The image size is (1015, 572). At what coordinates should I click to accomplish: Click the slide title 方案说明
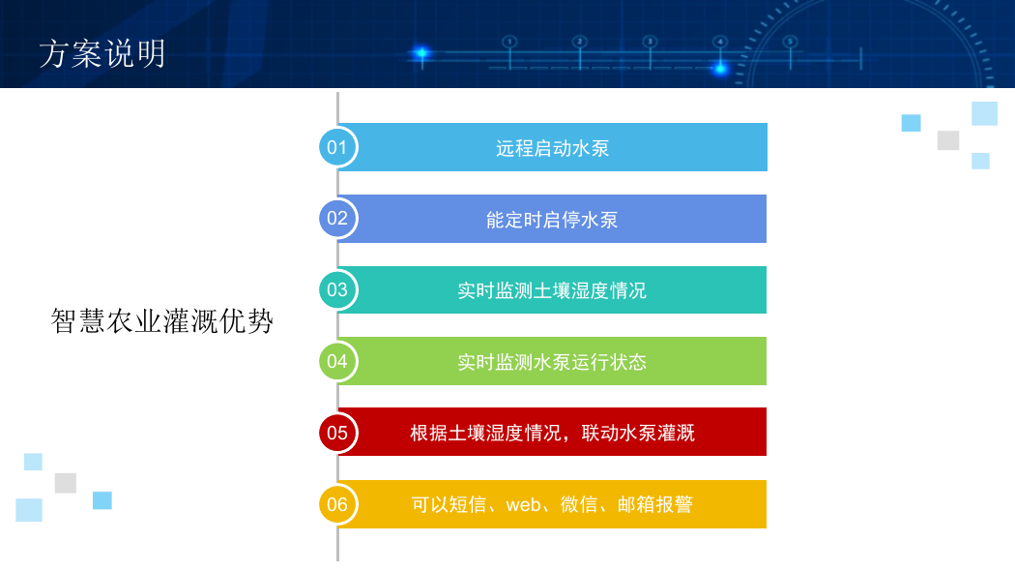102,53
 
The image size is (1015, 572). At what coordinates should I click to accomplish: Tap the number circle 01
337,147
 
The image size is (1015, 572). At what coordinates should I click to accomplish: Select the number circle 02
337,219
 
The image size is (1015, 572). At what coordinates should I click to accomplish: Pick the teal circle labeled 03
337,289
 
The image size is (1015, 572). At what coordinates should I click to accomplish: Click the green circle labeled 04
337,361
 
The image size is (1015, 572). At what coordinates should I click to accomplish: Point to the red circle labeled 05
337,432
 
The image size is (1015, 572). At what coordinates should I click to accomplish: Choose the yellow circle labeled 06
337,504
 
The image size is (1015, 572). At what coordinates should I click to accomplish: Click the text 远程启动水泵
552,148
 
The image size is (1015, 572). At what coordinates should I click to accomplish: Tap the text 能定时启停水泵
552,220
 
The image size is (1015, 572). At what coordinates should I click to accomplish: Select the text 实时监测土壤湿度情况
552,291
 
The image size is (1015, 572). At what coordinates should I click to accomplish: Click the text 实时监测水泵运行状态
552,362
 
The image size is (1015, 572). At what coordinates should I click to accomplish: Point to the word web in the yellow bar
523,504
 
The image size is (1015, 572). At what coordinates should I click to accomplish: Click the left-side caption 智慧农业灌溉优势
161,321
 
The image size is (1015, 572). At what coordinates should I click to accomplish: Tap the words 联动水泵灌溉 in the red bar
638,433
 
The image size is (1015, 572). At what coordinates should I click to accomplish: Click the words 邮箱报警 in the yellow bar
655,504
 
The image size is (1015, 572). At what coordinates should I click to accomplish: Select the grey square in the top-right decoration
948,140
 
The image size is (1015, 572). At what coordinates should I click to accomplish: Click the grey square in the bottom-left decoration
66,483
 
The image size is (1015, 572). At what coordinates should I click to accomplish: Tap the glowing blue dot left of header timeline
421,52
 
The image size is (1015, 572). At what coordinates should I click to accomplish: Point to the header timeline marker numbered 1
510,43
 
